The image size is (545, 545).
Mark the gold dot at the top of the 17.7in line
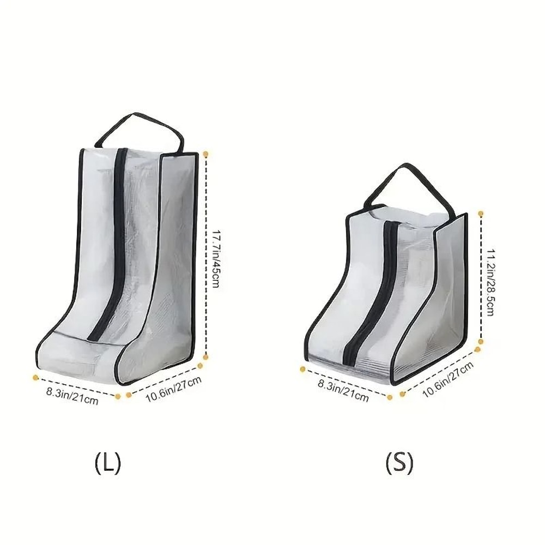tap(205, 155)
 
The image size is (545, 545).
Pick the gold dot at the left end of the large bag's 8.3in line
tap(35, 377)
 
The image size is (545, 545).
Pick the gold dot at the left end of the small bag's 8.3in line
tap(303, 369)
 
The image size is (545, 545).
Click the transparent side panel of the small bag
tap(447, 289)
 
